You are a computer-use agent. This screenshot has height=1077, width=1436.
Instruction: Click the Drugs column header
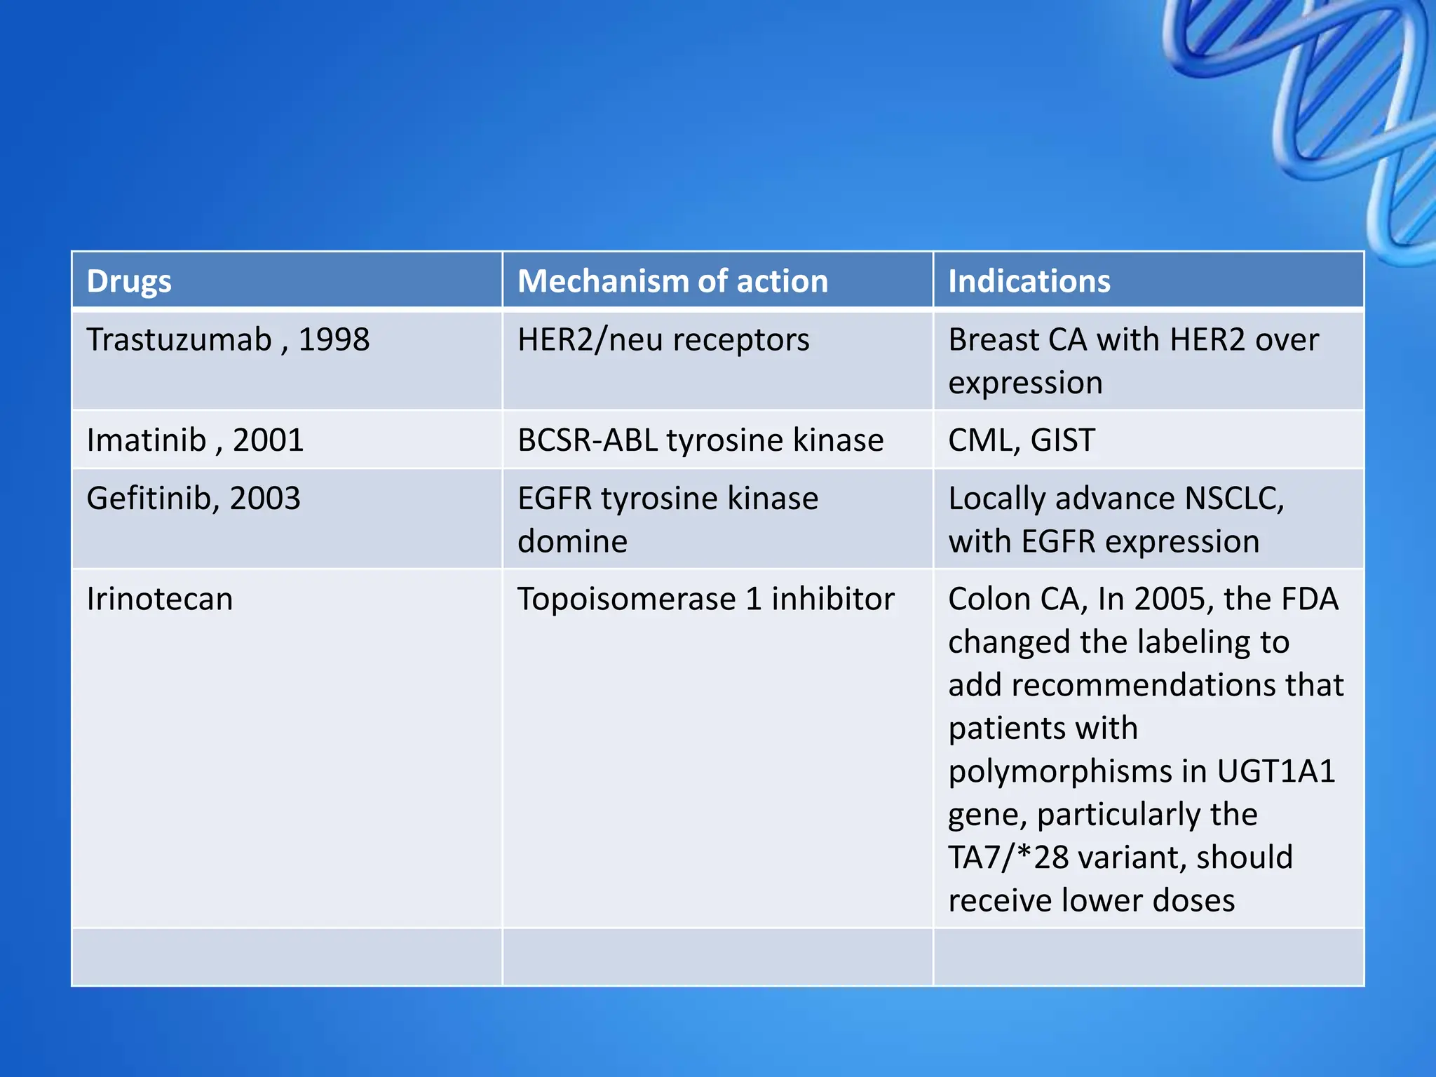[129, 281]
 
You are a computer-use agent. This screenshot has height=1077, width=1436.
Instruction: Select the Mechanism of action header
[672, 281]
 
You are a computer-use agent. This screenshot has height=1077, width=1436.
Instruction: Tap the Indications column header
[1029, 281]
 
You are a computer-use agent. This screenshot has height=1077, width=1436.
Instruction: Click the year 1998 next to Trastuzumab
[334, 340]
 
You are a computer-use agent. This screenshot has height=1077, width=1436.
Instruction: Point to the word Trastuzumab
[179, 340]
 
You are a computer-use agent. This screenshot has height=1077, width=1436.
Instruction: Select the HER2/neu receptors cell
[663, 340]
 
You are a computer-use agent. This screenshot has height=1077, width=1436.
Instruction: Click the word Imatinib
[147, 440]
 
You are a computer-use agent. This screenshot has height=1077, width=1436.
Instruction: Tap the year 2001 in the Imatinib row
[268, 440]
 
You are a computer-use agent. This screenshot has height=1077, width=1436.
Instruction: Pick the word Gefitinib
[147, 499]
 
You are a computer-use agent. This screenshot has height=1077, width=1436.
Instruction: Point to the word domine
[572, 542]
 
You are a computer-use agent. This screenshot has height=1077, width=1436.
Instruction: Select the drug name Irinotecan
[159, 600]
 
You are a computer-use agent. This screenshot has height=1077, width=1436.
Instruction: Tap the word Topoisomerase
[626, 600]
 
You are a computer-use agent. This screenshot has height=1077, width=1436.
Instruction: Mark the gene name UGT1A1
[1275, 771]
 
